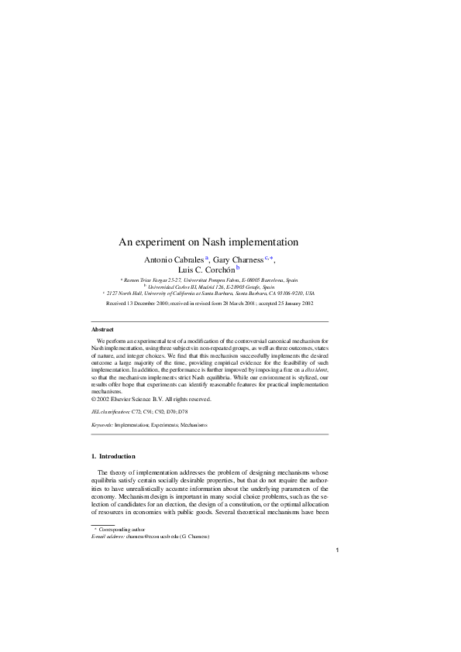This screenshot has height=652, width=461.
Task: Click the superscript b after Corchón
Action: [x=238, y=267]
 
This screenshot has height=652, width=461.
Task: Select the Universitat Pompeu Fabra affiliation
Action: [x=211, y=280]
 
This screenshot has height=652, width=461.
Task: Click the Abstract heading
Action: [x=103, y=330]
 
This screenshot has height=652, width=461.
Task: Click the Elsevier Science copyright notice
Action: [x=150, y=399]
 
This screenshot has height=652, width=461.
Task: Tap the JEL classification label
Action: [x=111, y=413]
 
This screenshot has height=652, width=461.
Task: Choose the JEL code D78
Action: [x=183, y=413]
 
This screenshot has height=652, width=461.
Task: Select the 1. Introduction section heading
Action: [x=113, y=456]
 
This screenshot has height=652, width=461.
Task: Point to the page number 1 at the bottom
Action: [x=338, y=551]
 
